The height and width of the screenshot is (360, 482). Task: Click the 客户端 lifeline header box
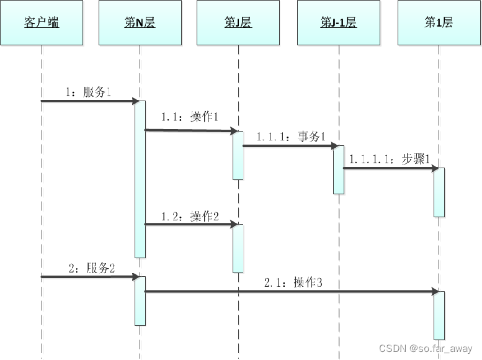(x=42, y=23)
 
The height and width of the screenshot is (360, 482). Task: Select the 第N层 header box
(x=140, y=23)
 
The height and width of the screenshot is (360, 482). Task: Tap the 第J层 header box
(x=238, y=23)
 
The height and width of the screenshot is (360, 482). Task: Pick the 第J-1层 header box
(x=338, y=23)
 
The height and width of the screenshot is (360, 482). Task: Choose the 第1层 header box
(x=439, y=23)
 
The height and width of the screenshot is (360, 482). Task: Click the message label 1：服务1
(x=88, y=92)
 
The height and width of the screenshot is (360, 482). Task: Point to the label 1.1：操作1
(x=189, y=117)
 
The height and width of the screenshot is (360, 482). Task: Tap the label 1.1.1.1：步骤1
(x=390, y=158)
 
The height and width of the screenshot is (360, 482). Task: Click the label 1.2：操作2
(x=189, y=216)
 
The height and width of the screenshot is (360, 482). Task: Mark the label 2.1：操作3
(x=293, y=282)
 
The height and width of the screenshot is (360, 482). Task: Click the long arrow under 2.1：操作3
(x=292, y=291)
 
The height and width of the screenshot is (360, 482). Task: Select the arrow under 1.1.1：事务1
(x=288, y=146)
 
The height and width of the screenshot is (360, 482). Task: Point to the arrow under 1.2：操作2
(x=189, y=224)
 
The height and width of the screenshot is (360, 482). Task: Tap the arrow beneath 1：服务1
(x=88, y=101)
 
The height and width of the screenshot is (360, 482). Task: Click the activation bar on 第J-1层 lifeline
(x=339, y=169)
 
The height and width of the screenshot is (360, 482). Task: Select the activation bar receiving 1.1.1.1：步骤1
(x=439, y=192)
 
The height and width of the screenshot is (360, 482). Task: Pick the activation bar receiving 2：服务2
(x=140, y=300)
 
